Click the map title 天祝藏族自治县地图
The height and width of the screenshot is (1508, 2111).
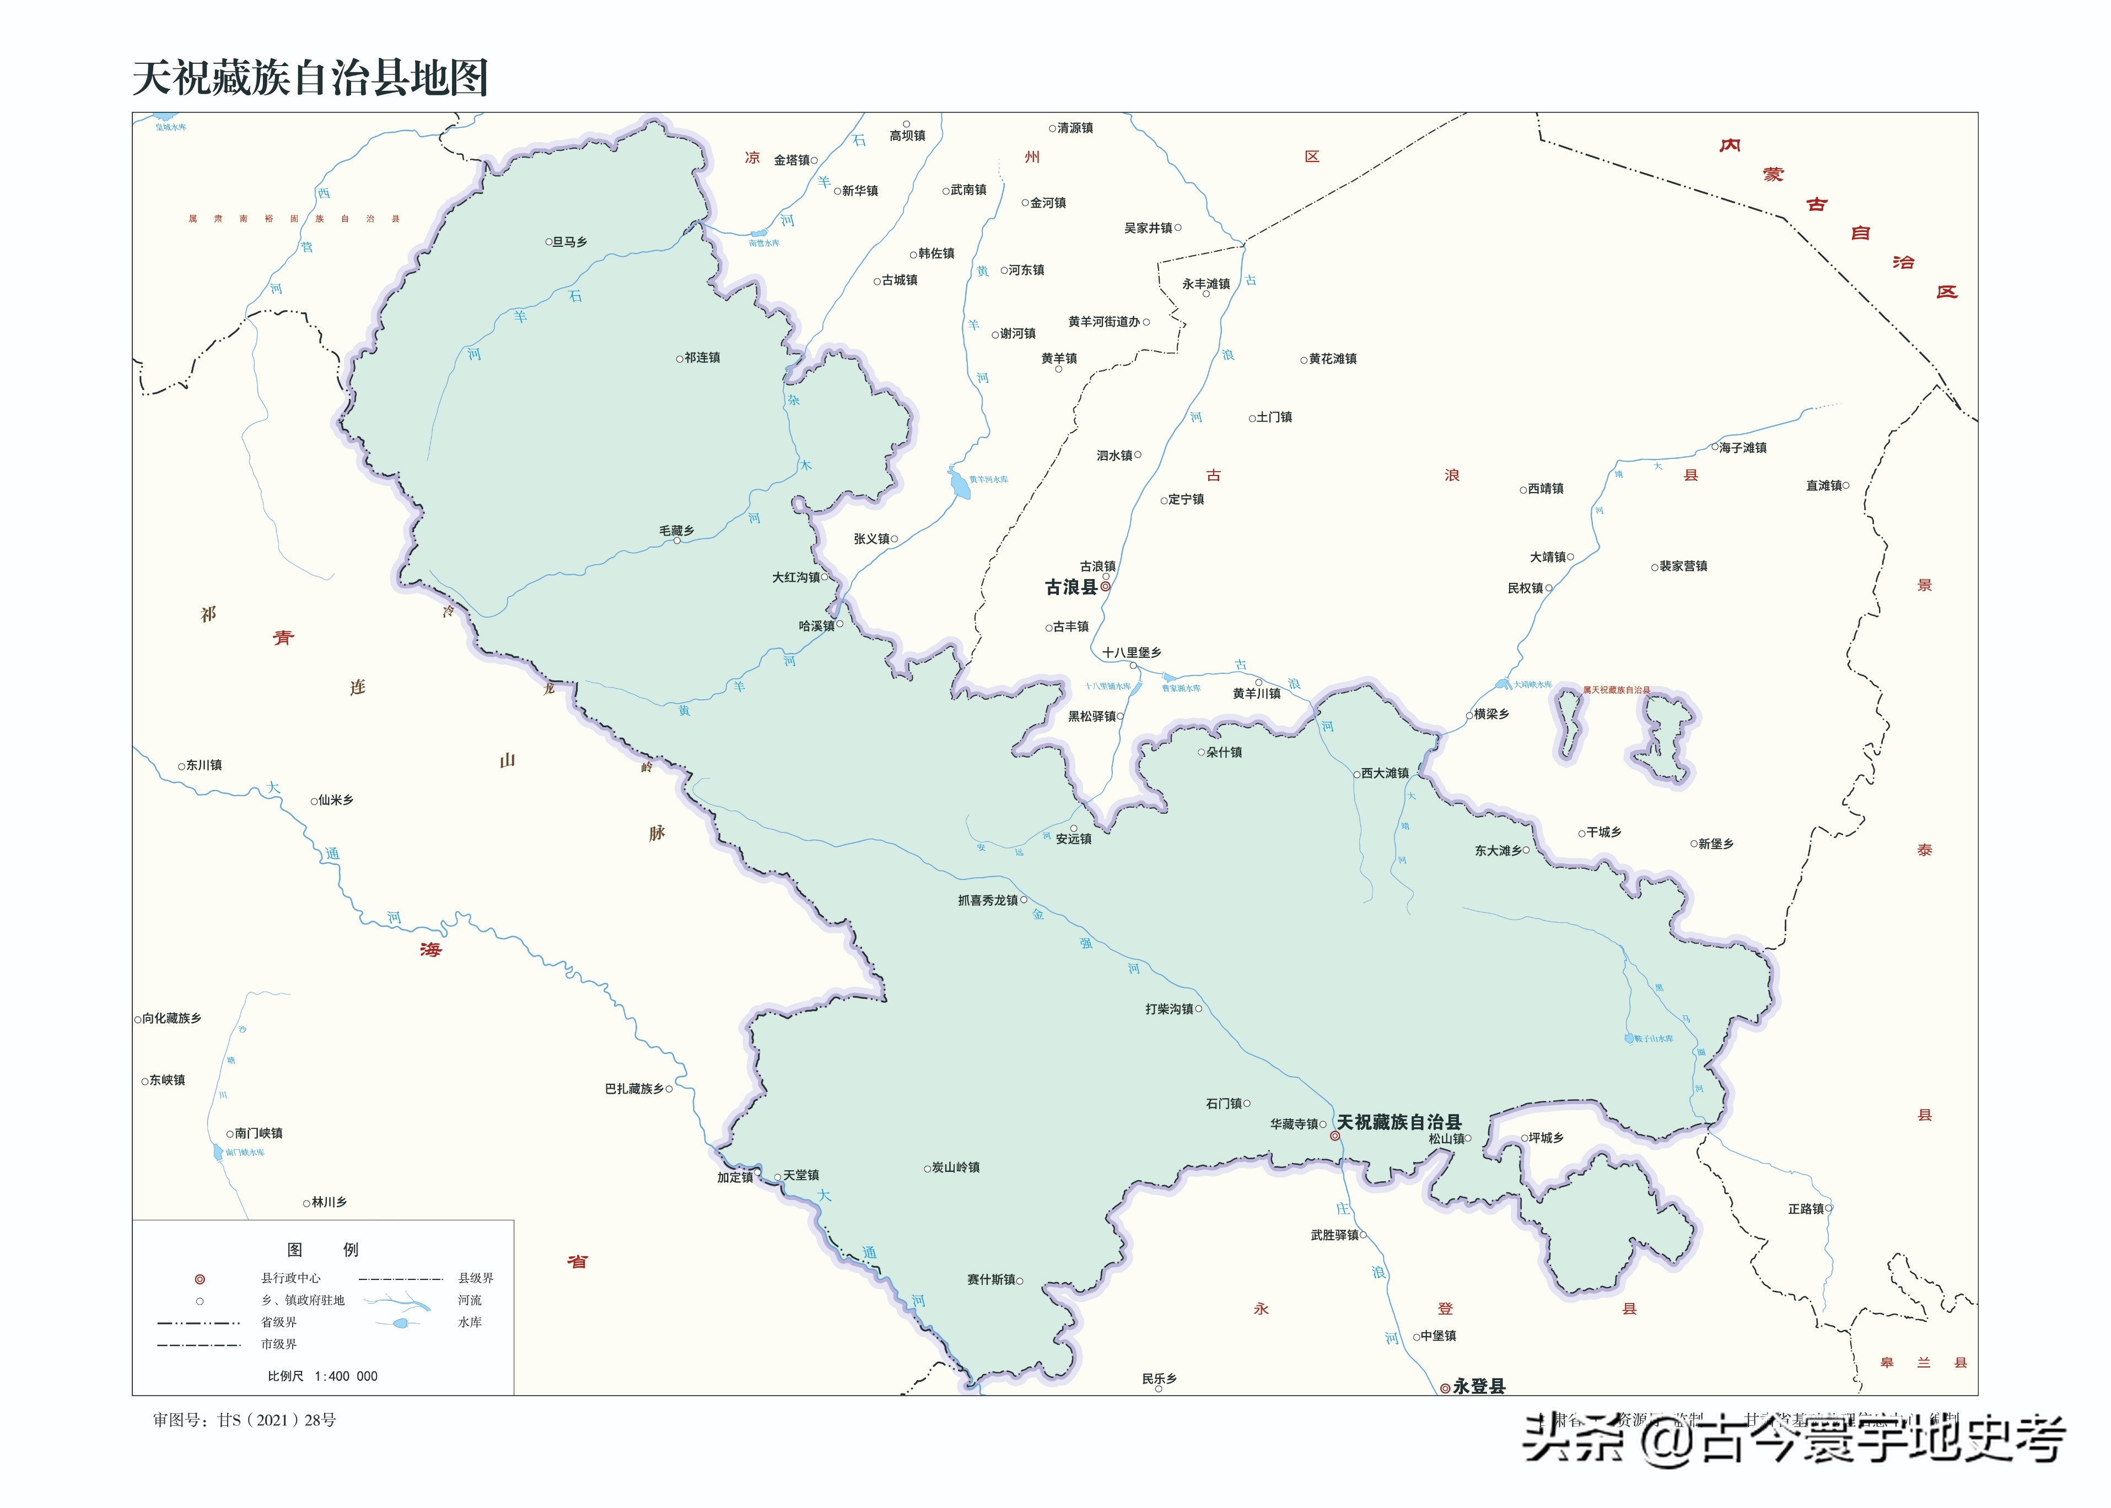click(310, 78)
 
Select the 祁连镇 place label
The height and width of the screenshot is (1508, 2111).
click(701, 358)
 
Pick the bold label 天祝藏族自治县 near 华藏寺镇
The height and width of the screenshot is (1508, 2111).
click(1399, 1122)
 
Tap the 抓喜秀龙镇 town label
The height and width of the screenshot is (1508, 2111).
click(988, 900)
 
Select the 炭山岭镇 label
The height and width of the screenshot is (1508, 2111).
click(955, 1167)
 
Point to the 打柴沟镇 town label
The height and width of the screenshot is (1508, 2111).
click(1169, 1008)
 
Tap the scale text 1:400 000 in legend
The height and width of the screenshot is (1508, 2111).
click(346, 1376)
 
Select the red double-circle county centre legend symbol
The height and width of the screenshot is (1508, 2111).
click(199, 1279)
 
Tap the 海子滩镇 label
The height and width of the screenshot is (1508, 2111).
click(1742, 447)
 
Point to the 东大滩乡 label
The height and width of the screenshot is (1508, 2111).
click(1498, 851)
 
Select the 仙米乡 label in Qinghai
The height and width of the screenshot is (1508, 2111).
click(335, 799)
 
